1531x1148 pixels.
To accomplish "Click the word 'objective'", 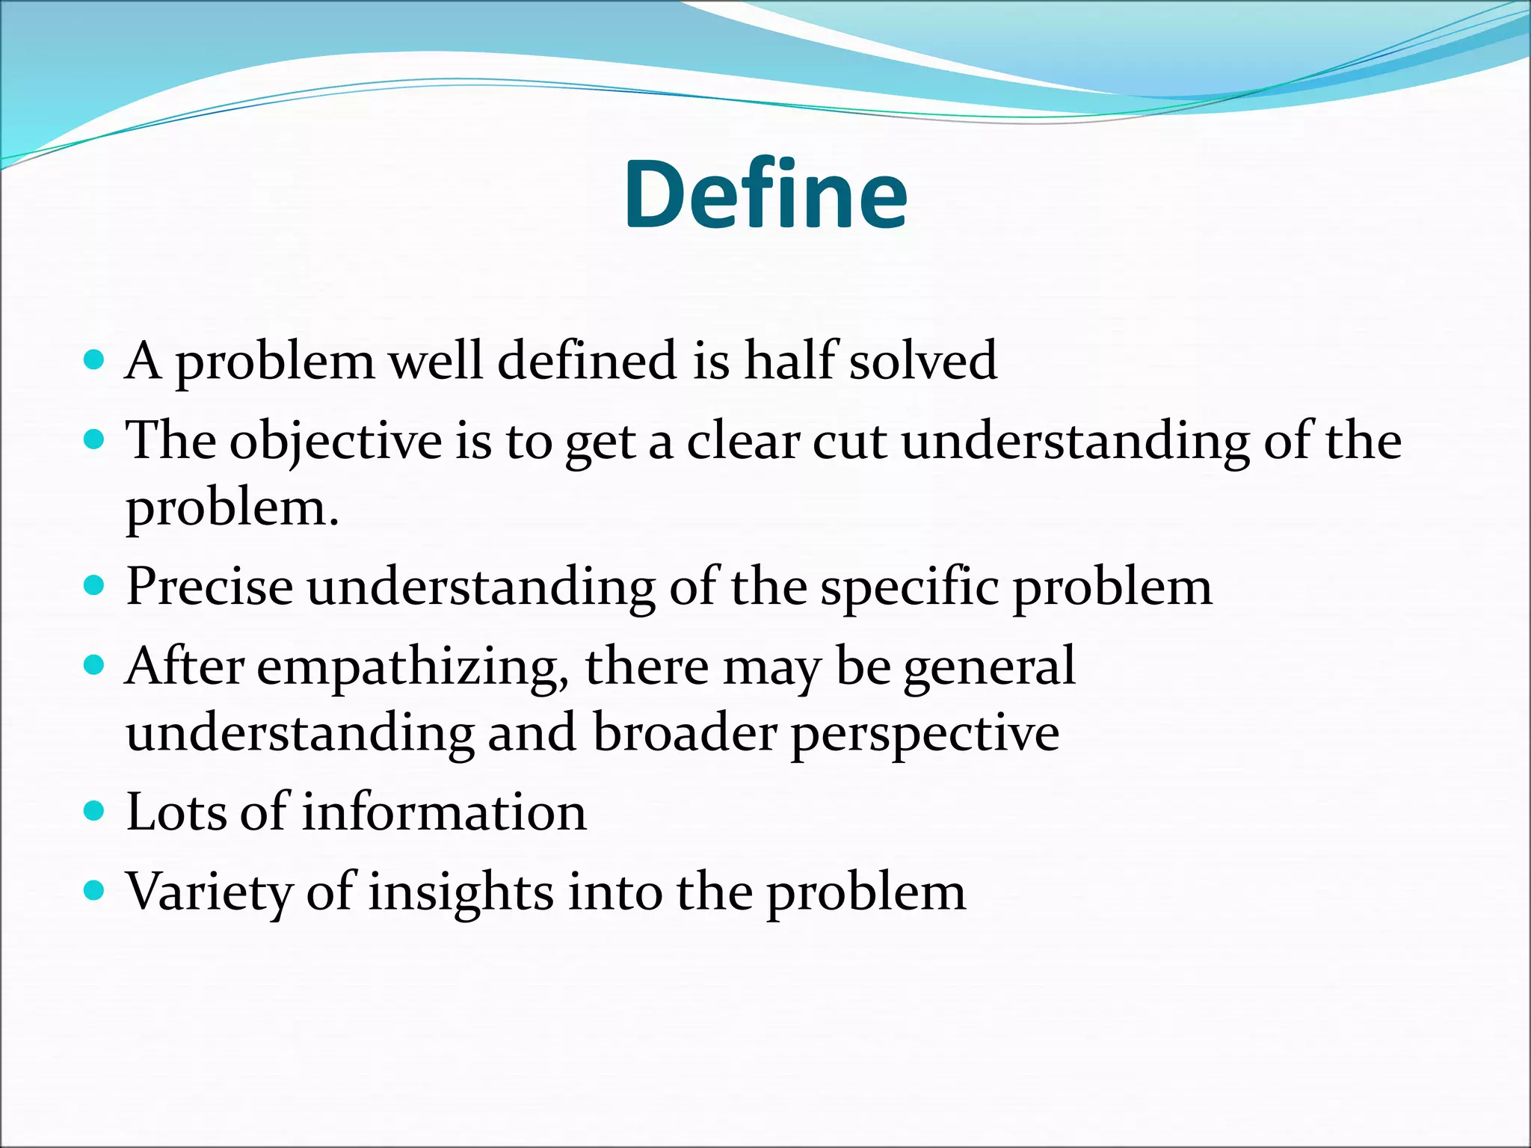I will pos(336,442).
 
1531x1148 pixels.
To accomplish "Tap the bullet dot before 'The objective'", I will pos(93,440).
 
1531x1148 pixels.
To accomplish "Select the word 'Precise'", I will pos(209,587).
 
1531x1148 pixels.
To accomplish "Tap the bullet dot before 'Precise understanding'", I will pos(93,585).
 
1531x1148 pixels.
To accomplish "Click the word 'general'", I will pos(990,667).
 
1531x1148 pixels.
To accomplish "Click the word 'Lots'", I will pos(175,812).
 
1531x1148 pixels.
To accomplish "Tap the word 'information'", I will pos(444,812).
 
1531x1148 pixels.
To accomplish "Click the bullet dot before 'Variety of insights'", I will pos(93,891).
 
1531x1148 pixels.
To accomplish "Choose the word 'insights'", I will pos(460,893).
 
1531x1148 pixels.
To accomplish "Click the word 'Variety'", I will pos(209,893).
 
